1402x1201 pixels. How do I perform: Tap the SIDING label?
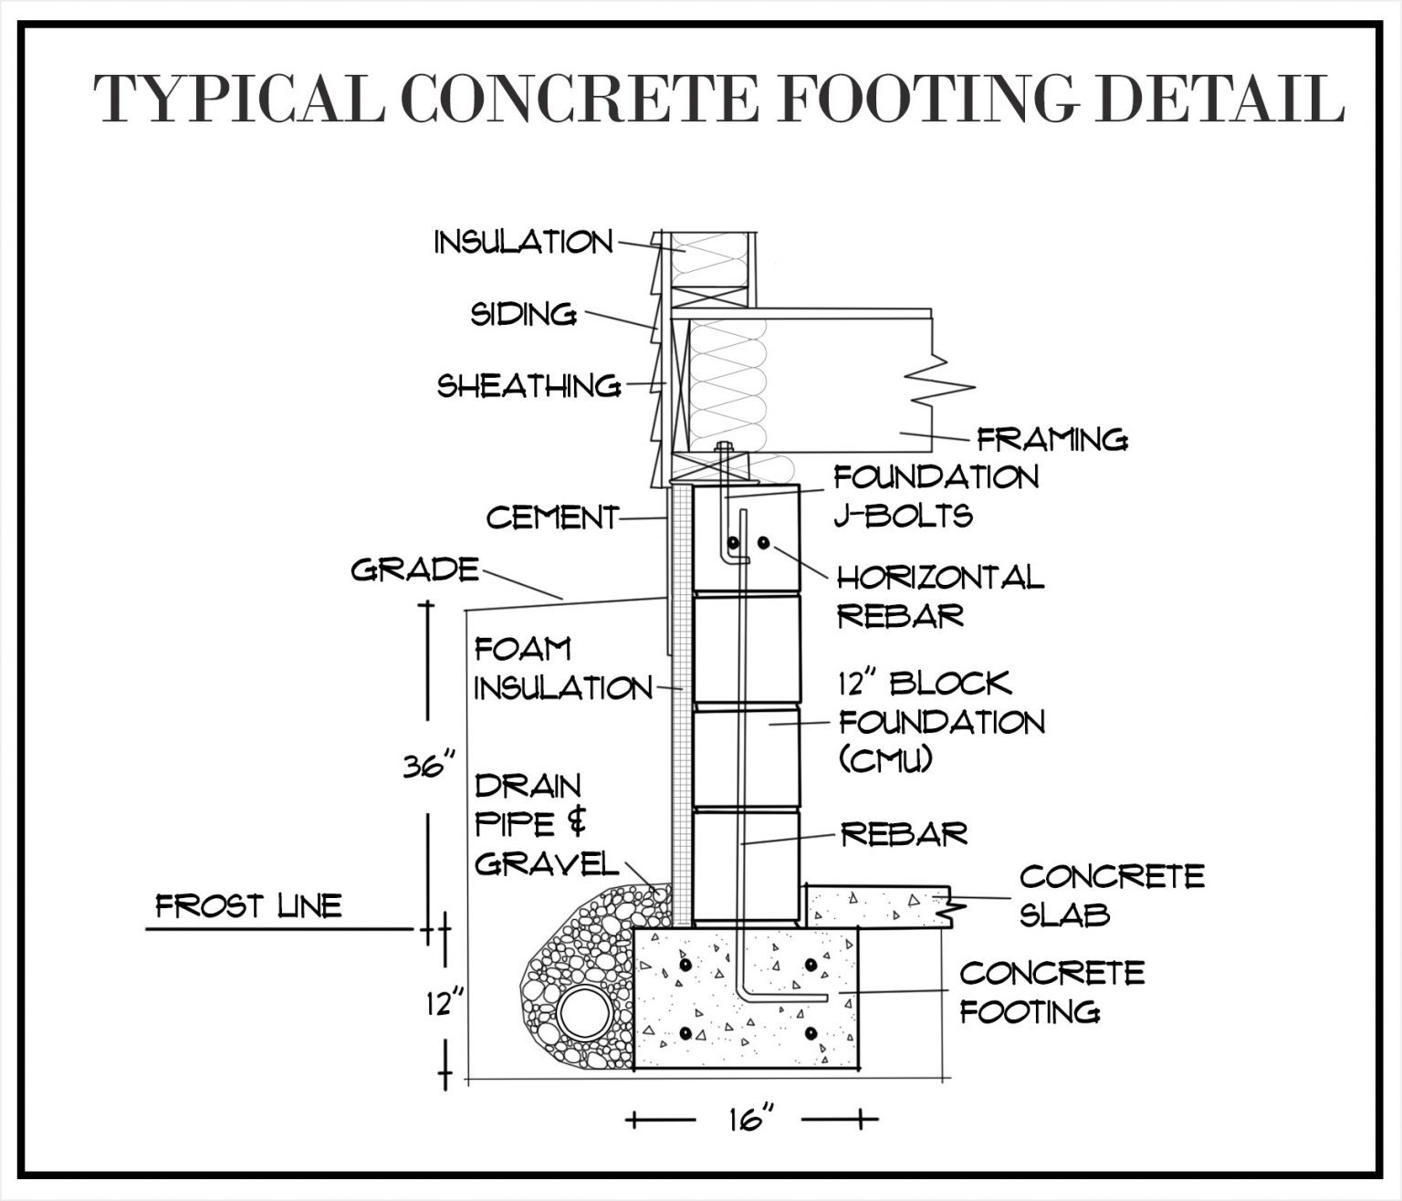click(523, 314)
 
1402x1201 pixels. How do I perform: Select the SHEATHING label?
click(529, 385)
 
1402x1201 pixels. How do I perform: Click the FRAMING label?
click(1052, 440)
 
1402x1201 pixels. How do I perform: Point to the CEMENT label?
click(552, 517)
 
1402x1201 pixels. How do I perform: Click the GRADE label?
click(415, 570)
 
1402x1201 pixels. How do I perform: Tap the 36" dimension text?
click(429, 766)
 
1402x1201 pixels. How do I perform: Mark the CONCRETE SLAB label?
click(1111, 894)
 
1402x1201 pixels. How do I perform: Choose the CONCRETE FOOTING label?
click(1051, 991)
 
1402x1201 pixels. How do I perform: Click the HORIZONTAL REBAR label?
click(940, 596)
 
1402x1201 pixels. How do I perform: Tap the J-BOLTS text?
click(903, 516)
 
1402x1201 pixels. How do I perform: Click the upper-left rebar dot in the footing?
click(685, 965)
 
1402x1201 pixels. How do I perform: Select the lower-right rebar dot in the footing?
click(811, 1033)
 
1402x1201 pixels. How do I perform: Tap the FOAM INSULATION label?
click(562, 669)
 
